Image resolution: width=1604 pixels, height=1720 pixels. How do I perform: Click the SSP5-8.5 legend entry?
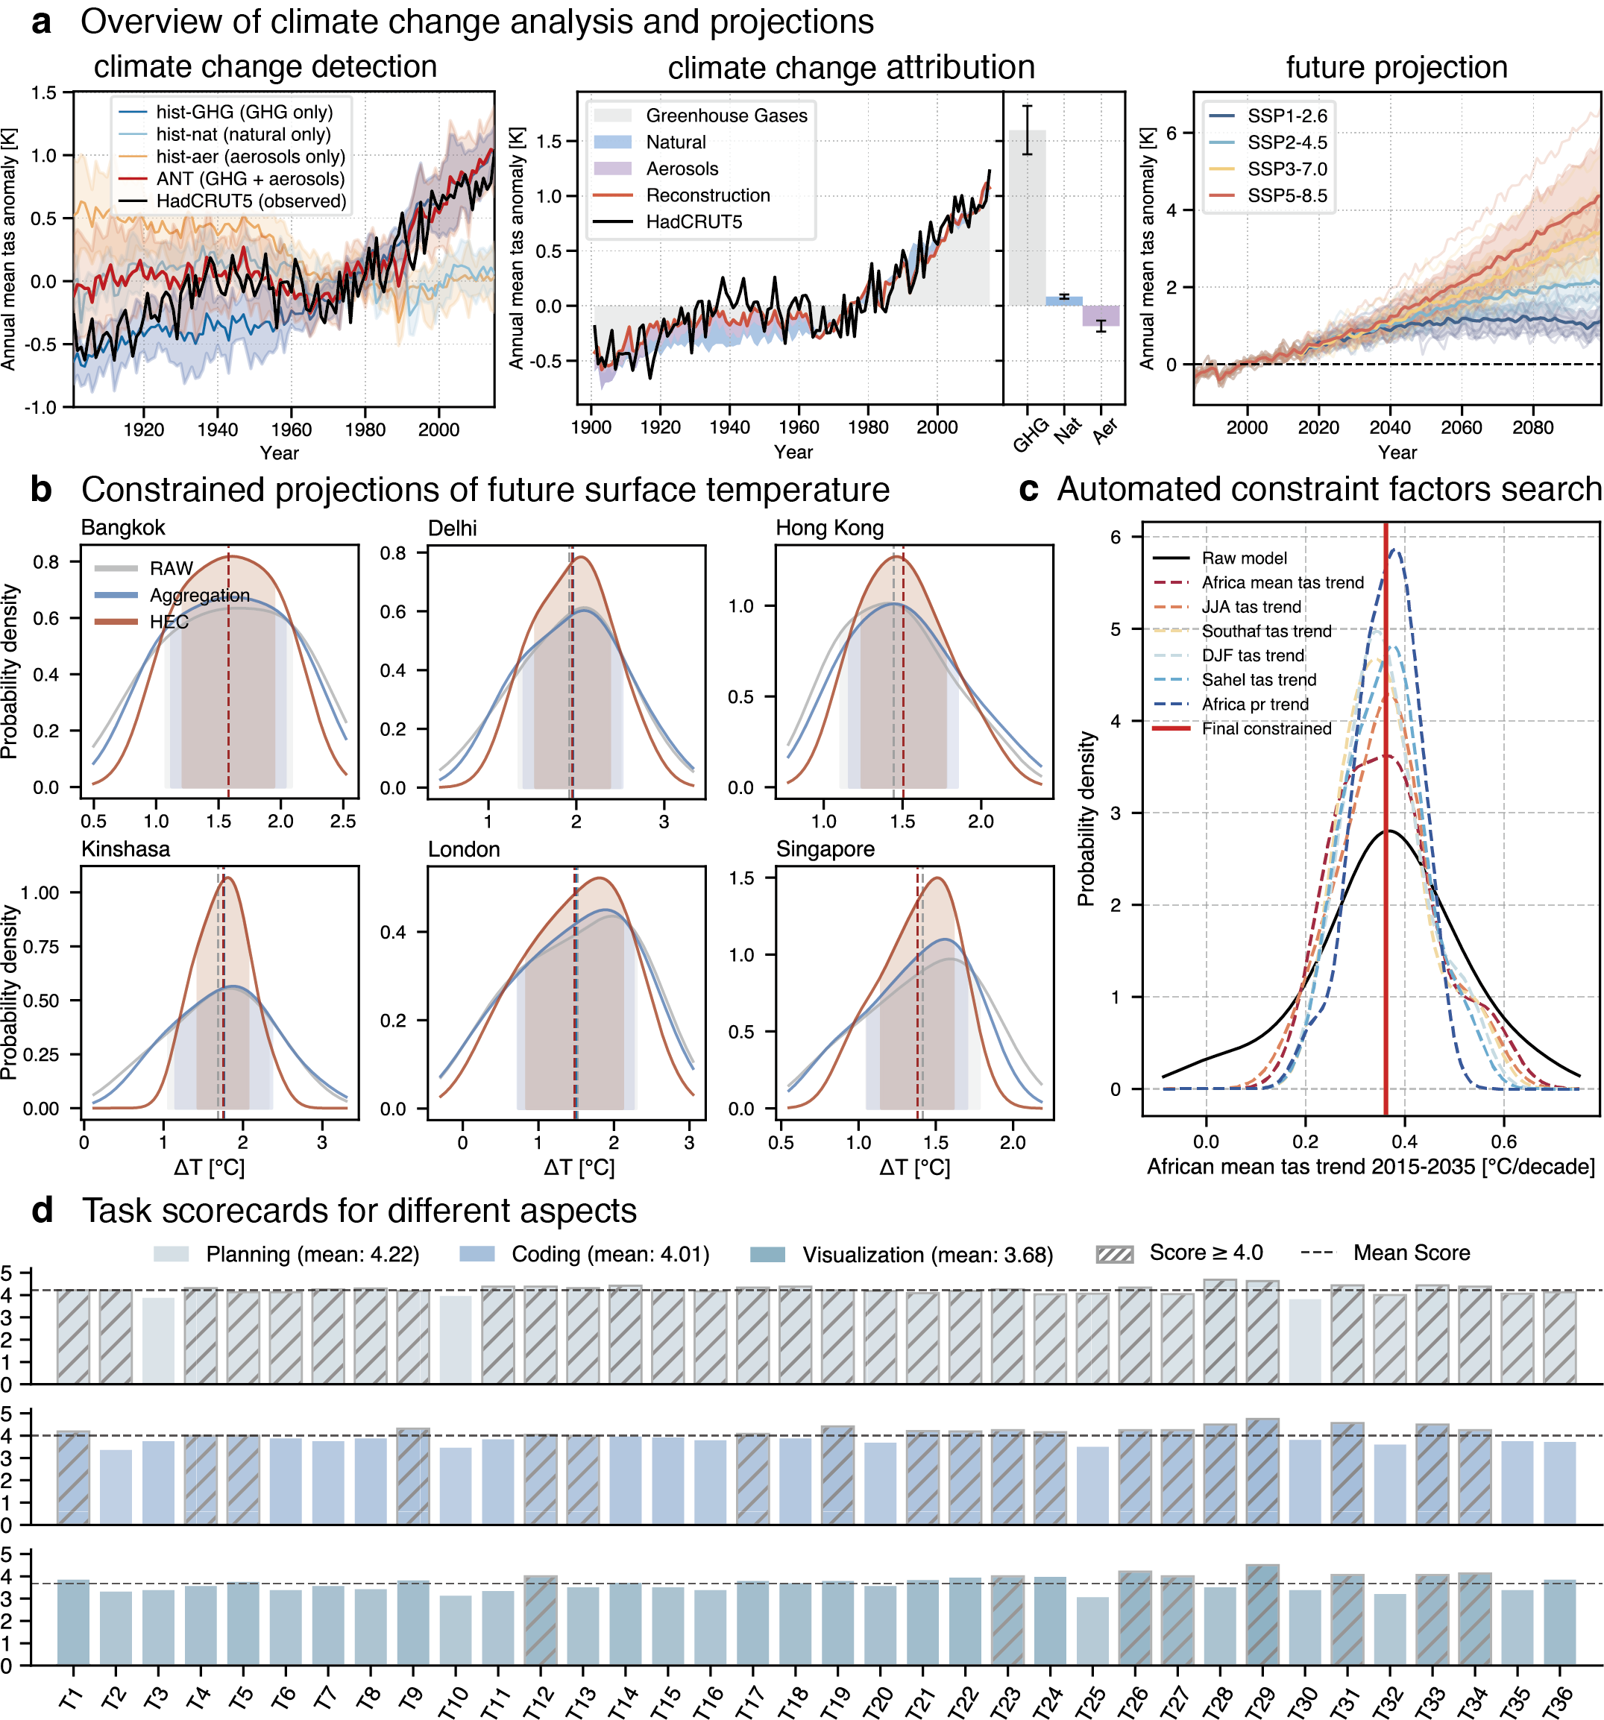click(x=1286, y=195)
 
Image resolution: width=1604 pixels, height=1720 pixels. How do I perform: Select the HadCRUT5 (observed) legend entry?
click(x=251, y=201)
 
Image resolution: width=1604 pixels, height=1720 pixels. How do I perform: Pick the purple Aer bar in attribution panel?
click(x=1101, y=315)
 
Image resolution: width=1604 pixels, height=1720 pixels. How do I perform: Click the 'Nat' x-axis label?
click(x=1068, y=429)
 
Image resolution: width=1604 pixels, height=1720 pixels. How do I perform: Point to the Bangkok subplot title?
click(x=123, y=528)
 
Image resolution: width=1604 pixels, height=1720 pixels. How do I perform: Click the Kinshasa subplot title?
click(x=125, y=848)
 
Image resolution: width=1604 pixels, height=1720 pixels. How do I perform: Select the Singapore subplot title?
click(x=825, y=848)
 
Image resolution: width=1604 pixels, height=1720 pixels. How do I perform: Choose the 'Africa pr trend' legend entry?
click(x=1254, y=705)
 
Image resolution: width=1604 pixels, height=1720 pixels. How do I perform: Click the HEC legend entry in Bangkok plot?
click(x=169, y=621)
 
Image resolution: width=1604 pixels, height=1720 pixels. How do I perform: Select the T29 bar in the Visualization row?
click(x=1262, y=1614)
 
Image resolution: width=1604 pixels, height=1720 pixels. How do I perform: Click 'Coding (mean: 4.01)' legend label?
click(x=610, y=1255)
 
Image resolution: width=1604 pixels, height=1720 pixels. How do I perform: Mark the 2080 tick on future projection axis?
click(x=1532, y=427)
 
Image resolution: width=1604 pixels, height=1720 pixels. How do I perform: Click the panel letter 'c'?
click(x=1028, y=490)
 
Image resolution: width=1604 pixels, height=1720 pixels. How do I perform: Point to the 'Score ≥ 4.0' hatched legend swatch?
click(x=1114, y=1255)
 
